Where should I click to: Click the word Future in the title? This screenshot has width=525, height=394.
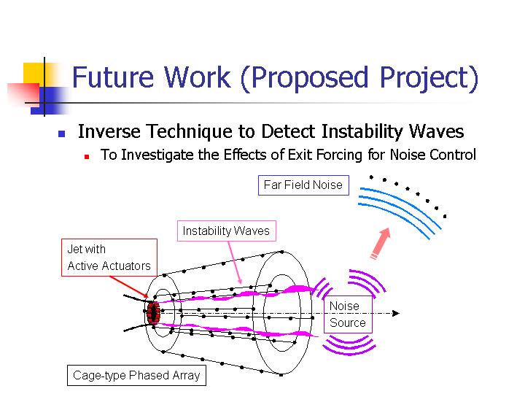click(113, 77)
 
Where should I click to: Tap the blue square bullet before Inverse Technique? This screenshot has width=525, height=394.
click(61, 134)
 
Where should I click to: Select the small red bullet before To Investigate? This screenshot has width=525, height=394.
click(87, 156)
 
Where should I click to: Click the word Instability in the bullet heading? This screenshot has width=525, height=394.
click(362, 131)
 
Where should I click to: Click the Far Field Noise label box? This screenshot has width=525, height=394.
click(303, 185)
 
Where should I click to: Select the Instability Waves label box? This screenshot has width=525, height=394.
click(226, 231)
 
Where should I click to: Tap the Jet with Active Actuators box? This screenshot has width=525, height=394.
click(109, 258)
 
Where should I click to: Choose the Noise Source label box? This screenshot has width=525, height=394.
click(348, 314)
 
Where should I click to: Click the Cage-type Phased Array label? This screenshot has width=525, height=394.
click(136, 375)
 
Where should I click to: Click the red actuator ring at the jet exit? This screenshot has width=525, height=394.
click(153, 312)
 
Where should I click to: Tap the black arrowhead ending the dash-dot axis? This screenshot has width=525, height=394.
click(396, 313)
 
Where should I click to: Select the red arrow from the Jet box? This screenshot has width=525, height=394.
click(129, 287)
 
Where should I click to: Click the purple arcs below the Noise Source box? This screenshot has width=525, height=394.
click(349, 345)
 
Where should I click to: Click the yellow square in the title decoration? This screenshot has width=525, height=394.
click(34, 73)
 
